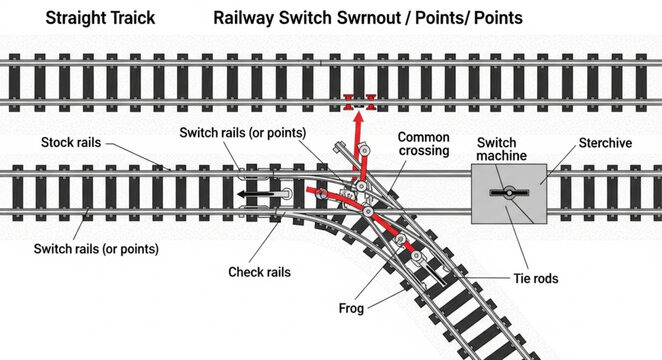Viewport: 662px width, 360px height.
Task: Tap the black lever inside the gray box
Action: [509, 193]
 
